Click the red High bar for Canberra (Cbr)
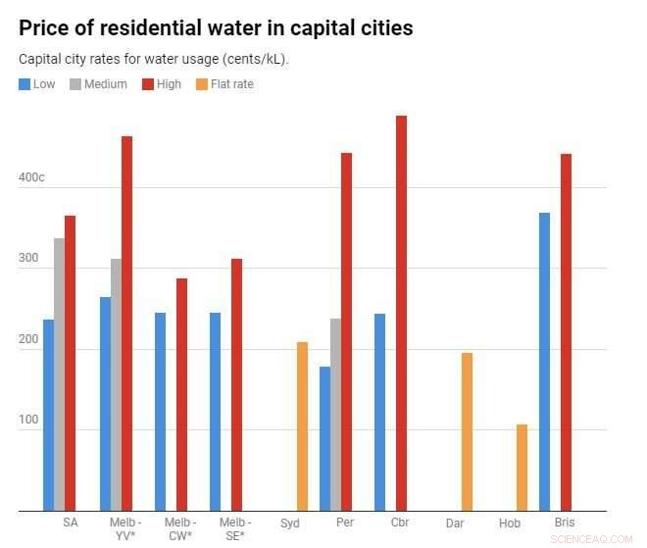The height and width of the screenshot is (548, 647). (401, 313)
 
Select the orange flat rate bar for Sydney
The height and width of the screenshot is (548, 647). (302, 426)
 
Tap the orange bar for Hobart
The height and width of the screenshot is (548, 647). (522, 468)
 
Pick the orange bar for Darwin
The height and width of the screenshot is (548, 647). (467, 431)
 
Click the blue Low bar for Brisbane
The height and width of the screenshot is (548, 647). (544, 362)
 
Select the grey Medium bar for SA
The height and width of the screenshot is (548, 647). (59, 374)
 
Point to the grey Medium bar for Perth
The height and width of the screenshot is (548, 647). (335, 415)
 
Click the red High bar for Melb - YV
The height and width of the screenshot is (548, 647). (126, 324)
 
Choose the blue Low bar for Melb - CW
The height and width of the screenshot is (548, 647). (160, 412)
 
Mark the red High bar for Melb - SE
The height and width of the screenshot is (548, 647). (236, 384)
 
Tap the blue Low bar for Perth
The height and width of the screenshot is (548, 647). (324, 438)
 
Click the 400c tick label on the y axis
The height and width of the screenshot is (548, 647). (30, 178)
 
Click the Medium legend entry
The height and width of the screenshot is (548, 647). (98, 84)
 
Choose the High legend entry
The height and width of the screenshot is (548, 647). (161, 84)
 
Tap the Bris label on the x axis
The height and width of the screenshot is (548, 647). (565, 523)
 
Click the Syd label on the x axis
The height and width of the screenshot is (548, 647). (290, 523)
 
